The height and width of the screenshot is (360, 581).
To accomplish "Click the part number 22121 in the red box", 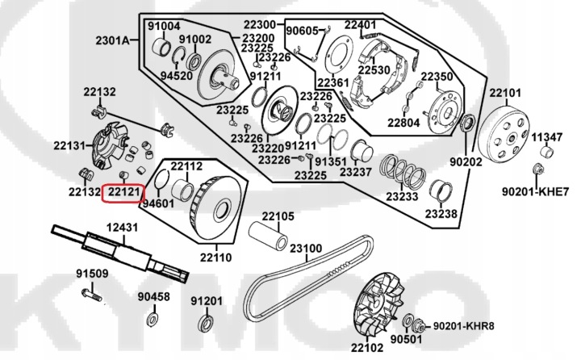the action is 123,192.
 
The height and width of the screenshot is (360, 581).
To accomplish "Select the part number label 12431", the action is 123,228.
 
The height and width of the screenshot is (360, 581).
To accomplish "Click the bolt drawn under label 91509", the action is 91,295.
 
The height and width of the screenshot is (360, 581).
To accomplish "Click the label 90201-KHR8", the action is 463,326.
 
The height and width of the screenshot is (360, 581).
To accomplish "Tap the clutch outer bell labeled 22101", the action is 504,133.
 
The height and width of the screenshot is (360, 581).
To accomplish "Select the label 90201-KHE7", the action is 535,191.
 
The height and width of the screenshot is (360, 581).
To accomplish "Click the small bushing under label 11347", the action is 546,152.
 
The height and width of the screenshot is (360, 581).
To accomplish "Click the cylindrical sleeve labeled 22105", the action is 268,236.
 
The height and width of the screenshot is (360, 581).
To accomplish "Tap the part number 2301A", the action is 113,40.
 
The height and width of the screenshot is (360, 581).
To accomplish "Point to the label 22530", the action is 374,70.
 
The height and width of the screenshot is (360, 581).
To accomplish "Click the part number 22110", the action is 216,257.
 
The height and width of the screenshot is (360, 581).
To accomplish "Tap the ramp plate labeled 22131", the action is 110,144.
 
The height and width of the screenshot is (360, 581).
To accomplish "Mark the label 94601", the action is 158,203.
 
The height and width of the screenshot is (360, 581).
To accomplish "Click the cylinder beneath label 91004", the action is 162,48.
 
